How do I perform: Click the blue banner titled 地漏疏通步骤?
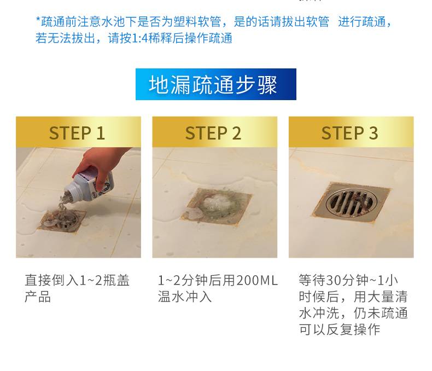(x=215, y=84)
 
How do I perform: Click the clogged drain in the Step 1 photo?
(x=62, y=221)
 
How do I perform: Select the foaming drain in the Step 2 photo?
(x=217, y=206)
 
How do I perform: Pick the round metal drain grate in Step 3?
(x=350, y=202)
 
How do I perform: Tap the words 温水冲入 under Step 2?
(x=185, y=297)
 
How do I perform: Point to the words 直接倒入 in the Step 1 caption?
(x=51, y=280)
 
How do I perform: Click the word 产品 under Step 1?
(x=38, y=297)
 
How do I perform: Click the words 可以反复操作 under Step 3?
(x=340, y=329)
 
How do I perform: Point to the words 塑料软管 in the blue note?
(x=197, y=22)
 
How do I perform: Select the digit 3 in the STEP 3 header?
(x=373, y=133)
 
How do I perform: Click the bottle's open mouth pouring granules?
(x=68, y=194)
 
